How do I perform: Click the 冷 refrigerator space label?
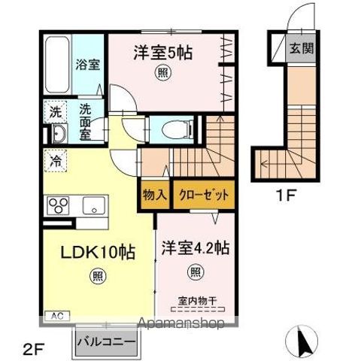[56, 160]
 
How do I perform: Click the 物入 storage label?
[155, 194]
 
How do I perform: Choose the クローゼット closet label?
[204, 194]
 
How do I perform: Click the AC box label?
[56, 316]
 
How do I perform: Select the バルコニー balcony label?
[106, 342]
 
